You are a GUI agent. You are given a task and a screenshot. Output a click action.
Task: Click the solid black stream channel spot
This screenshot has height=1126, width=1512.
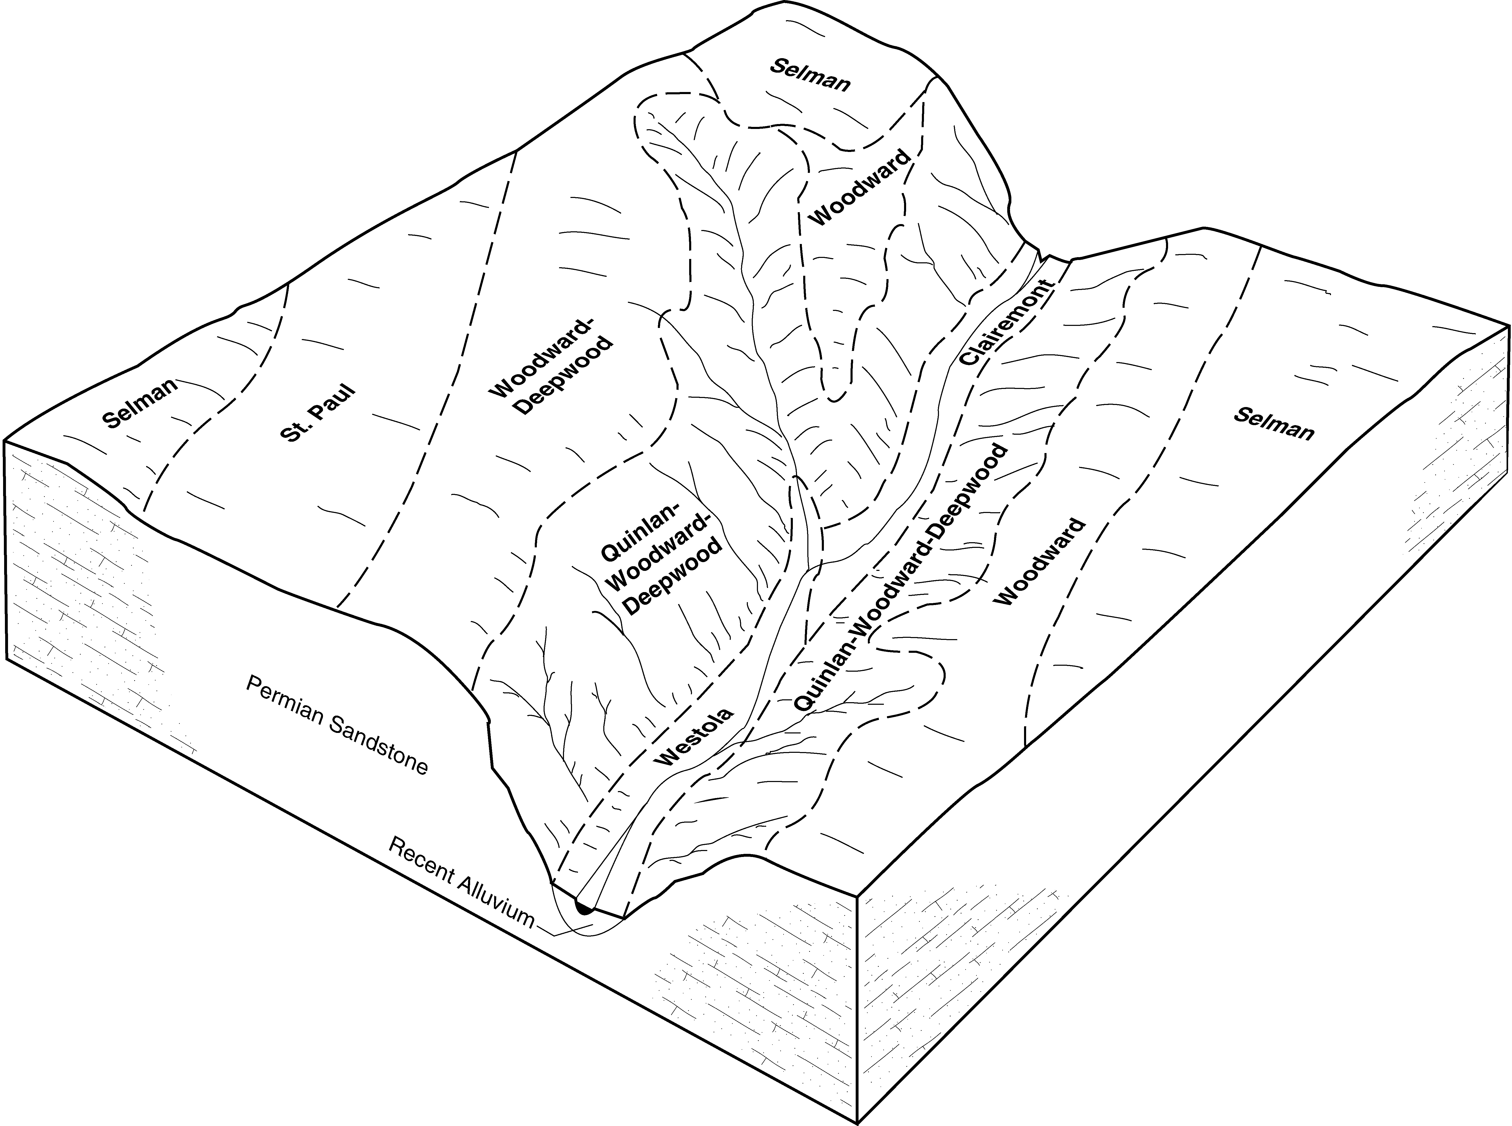583,907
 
